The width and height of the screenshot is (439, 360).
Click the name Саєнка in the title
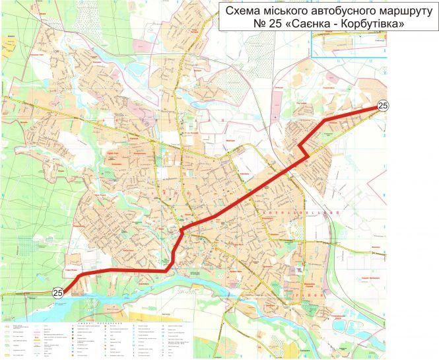click(294, 24)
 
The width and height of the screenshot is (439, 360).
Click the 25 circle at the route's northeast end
click(383, 106)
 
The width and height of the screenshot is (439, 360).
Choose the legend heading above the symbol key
click(86, 317)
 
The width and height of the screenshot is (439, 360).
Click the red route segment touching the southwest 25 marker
click(73, 283)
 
